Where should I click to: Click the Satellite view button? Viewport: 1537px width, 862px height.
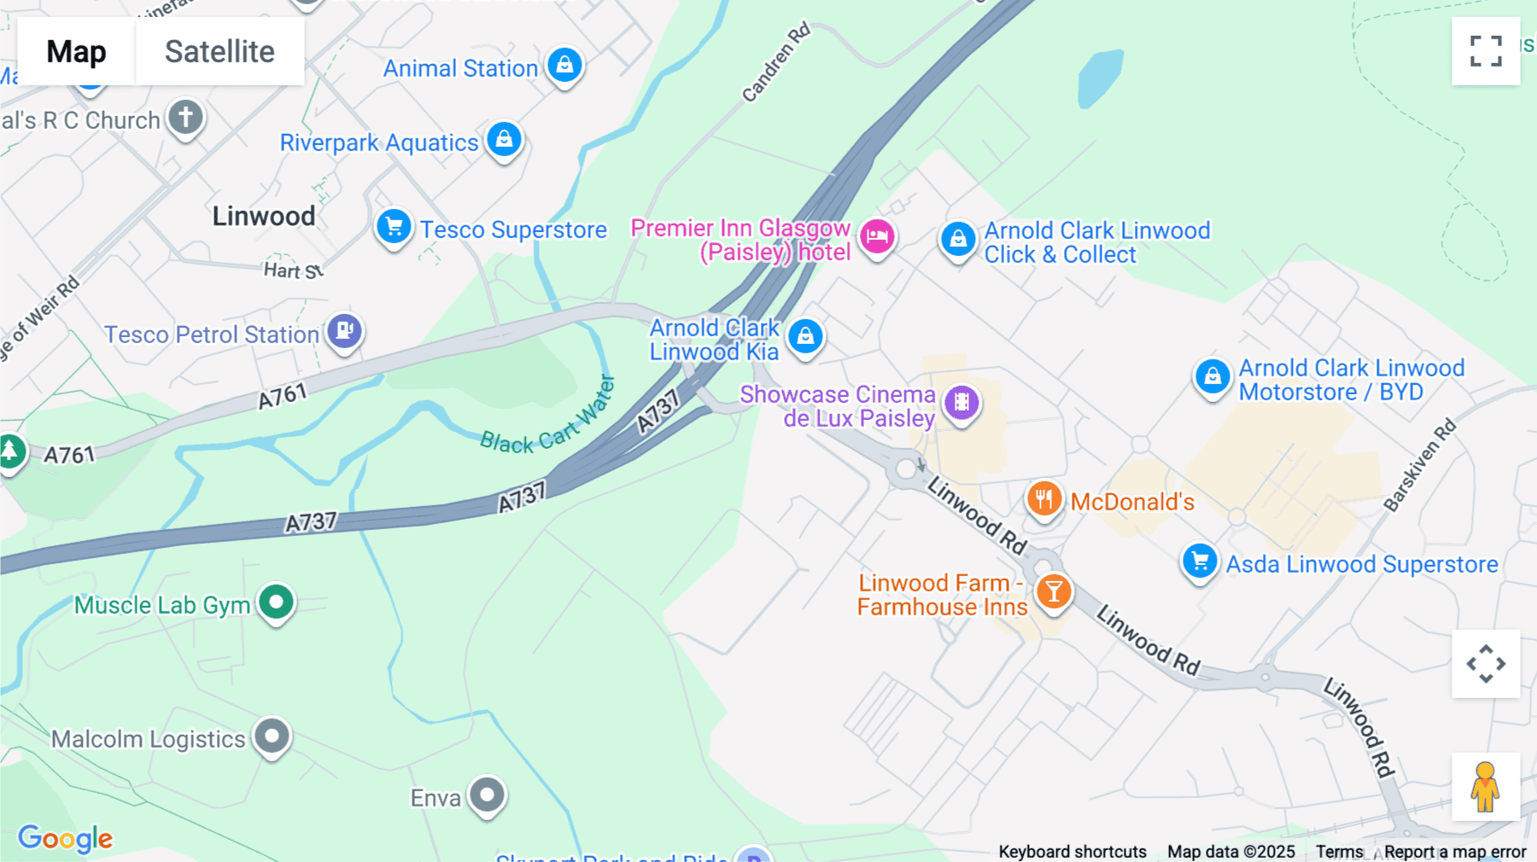coord(219,52)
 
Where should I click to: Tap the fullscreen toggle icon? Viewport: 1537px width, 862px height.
coord(1486,51)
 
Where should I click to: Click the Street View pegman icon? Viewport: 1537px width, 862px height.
coord(1485,786)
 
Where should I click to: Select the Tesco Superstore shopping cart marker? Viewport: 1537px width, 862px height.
coord(394,227)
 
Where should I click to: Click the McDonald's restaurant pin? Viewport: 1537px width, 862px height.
coord(1043,498)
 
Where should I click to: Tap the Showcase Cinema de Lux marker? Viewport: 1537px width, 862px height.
coord(961,401)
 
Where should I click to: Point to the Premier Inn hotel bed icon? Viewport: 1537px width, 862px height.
coord(877,236)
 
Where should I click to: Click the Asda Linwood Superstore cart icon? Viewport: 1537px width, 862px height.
coord(1200,562)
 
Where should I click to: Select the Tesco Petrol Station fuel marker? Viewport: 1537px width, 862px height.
coord(344,329)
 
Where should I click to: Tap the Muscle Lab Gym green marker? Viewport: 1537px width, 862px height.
coord(276,603)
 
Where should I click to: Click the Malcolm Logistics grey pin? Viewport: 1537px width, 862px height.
coord(272,735)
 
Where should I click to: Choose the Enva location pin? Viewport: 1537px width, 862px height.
coord(488,795)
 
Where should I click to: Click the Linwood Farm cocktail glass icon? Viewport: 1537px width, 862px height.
coord(1054,591)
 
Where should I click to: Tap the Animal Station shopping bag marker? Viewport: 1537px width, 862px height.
coord(564,64)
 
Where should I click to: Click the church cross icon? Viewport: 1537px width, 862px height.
coord(185,116)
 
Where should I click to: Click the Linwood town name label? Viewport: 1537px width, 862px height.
coord(264,216)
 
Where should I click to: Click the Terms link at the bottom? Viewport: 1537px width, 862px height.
coord(1339,851)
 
